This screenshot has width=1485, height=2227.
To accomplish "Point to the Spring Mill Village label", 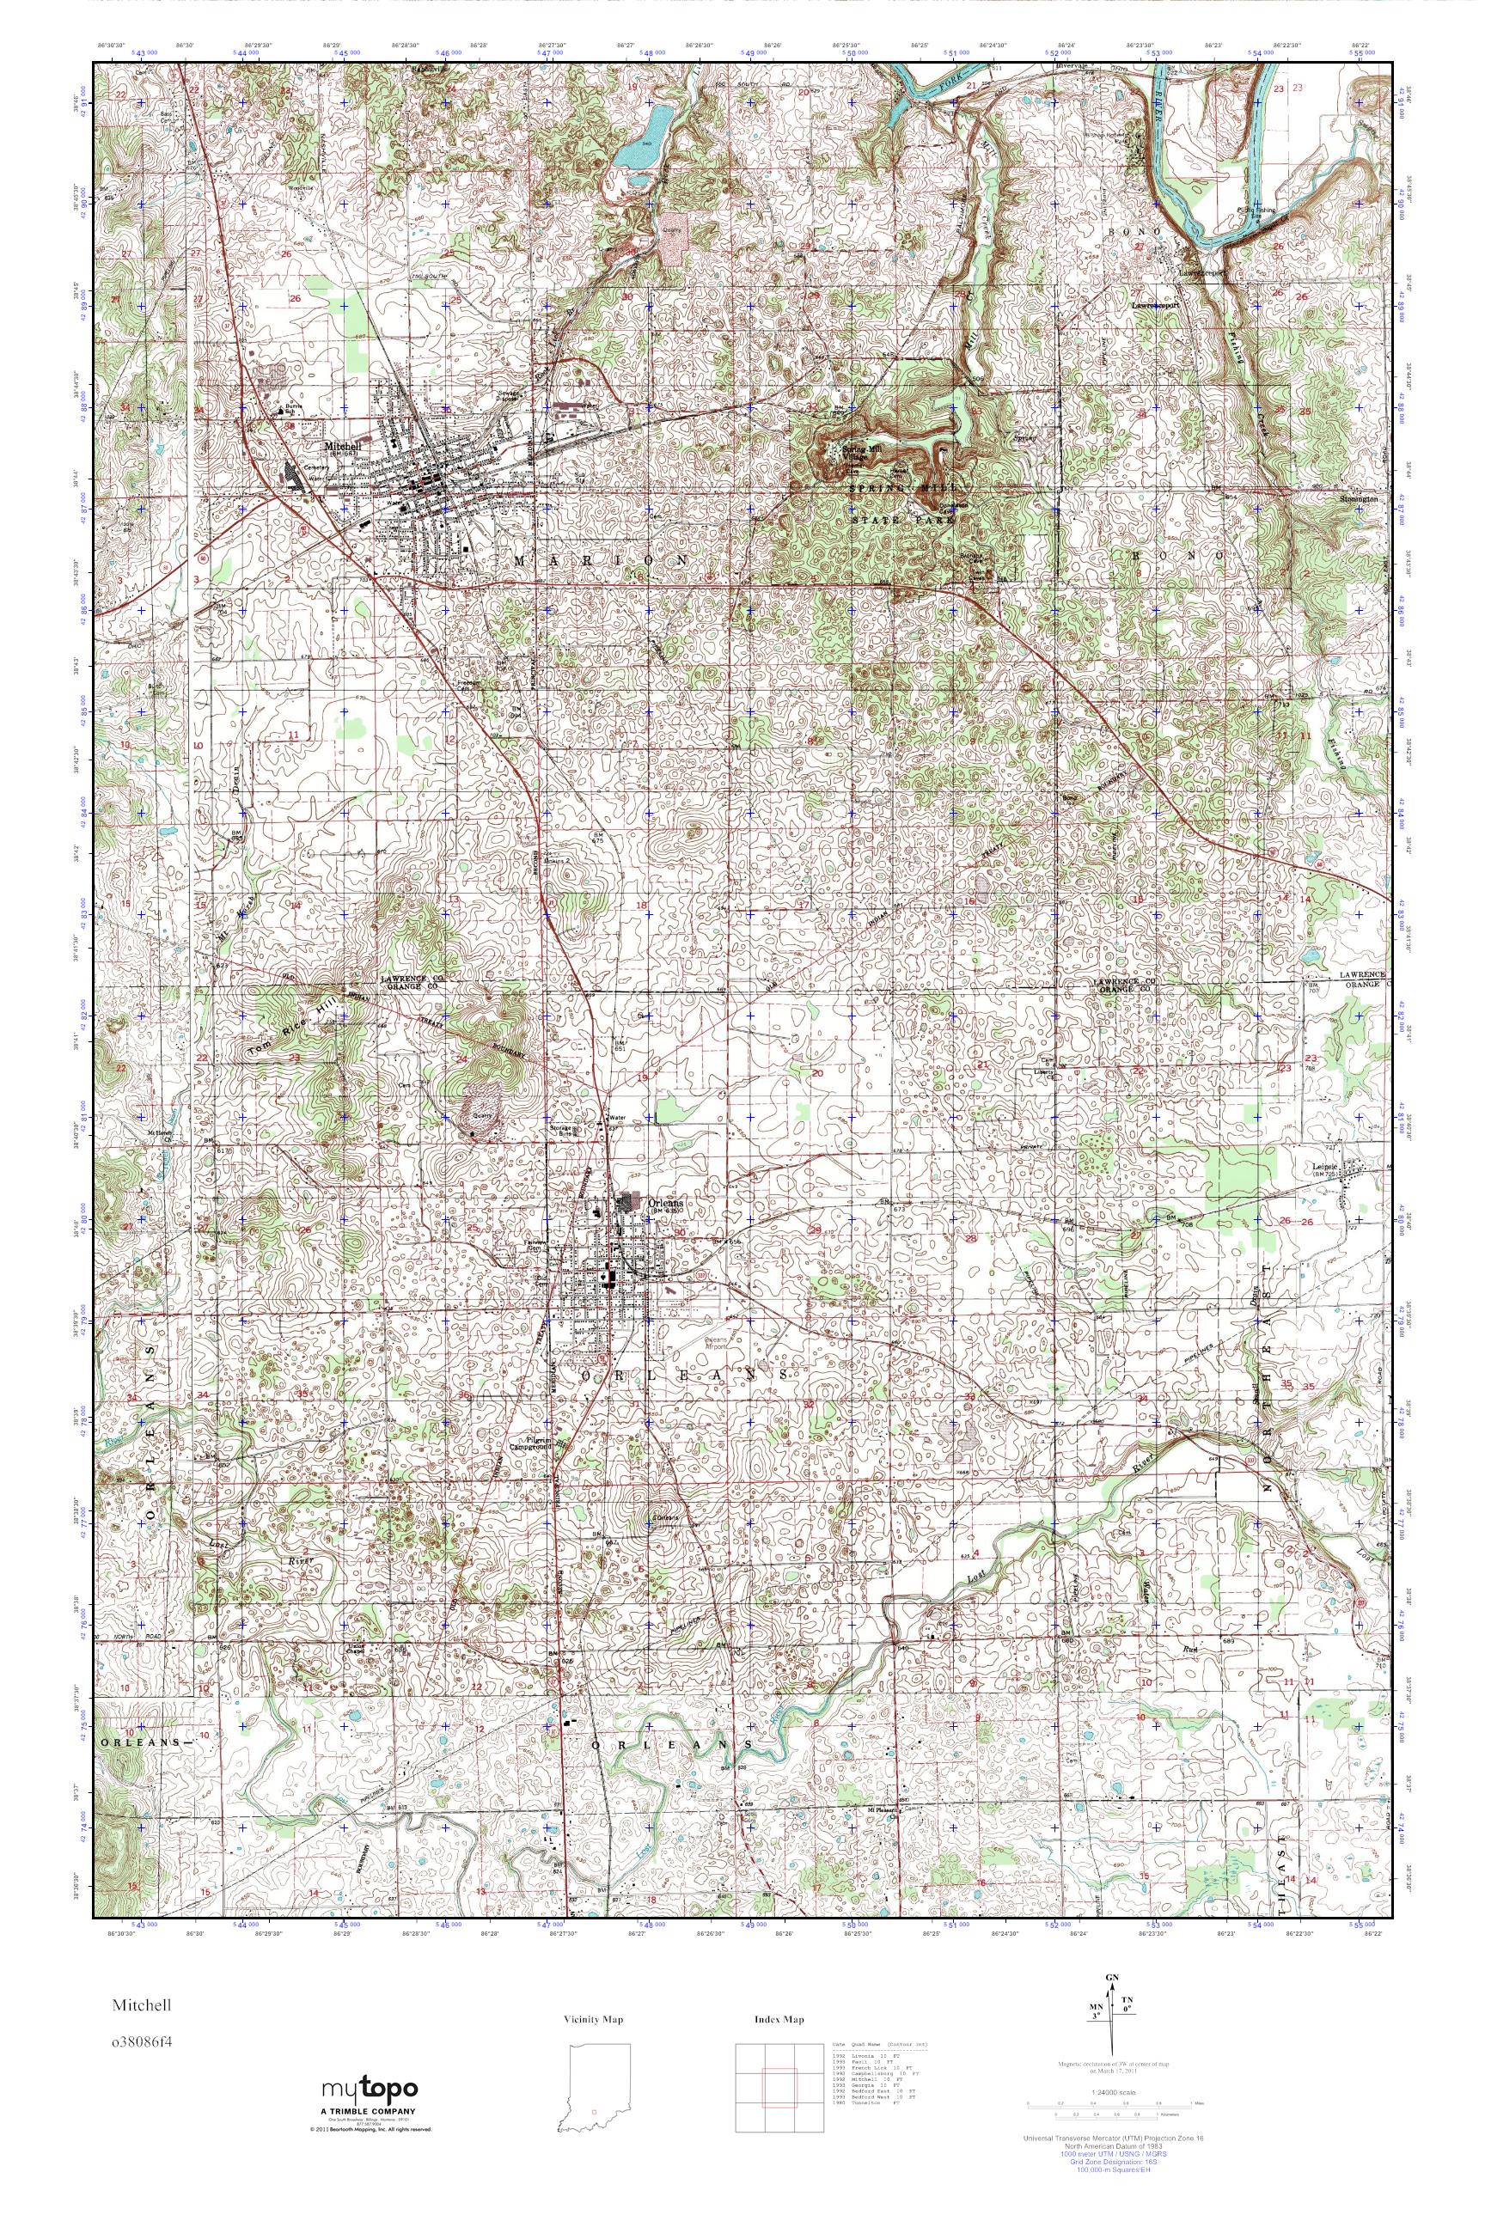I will tap(846, 449).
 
